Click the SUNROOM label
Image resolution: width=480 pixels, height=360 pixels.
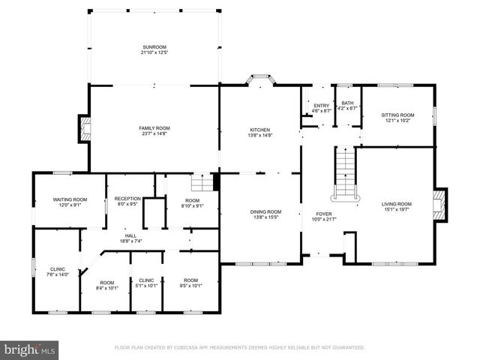(154, 47)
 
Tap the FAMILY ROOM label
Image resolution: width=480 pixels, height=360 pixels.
(154, 127)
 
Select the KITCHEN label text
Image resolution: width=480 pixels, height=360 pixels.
(259, 130)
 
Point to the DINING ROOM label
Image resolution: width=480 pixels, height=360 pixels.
(265, 211)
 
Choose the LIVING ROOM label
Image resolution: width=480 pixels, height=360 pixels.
(397, 204)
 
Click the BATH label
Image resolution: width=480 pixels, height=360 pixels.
(347, 103)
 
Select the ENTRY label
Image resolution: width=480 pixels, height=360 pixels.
(320, 106)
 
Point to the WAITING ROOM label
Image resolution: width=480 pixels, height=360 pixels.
(70, 199)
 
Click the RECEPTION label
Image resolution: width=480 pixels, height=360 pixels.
(127, 199)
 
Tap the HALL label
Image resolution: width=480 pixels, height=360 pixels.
(130, 235)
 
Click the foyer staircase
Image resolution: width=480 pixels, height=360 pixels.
(344, 172)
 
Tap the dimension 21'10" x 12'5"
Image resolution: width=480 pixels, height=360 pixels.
(154, 52)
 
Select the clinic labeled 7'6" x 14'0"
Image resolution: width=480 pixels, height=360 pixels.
(58, 271)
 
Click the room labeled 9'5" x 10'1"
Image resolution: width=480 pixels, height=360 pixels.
(190, 282)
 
